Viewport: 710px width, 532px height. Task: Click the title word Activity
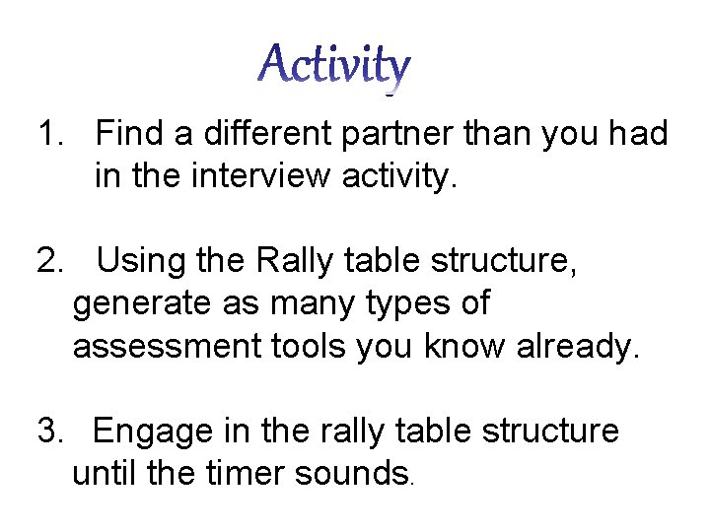point(334,67)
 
